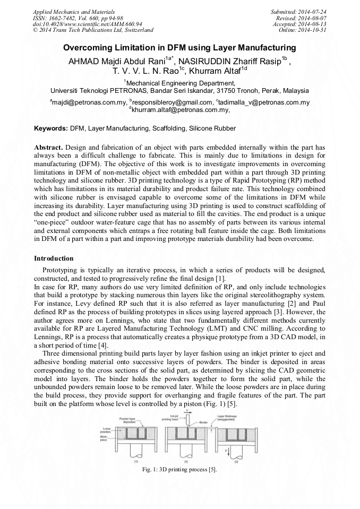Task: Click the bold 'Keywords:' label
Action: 51,128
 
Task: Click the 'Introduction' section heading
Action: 54,258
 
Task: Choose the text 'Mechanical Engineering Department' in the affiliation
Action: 179,83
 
